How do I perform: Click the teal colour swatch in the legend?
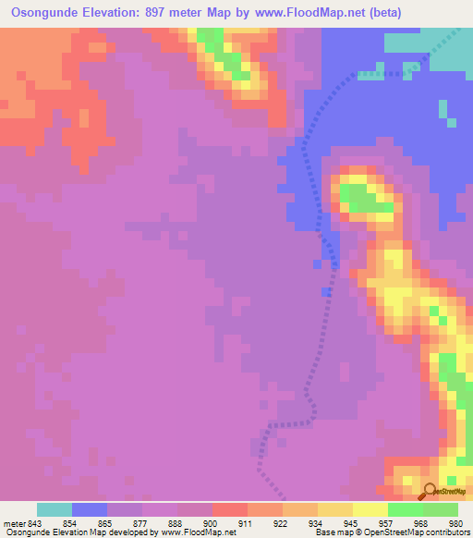pos(55,509)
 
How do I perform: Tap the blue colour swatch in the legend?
pos(90,509)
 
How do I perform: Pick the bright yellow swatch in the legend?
pos(370,509)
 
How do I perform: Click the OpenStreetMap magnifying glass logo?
pos(428,491)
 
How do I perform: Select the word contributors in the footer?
pos(446,533)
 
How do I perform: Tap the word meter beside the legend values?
pos(14,523)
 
